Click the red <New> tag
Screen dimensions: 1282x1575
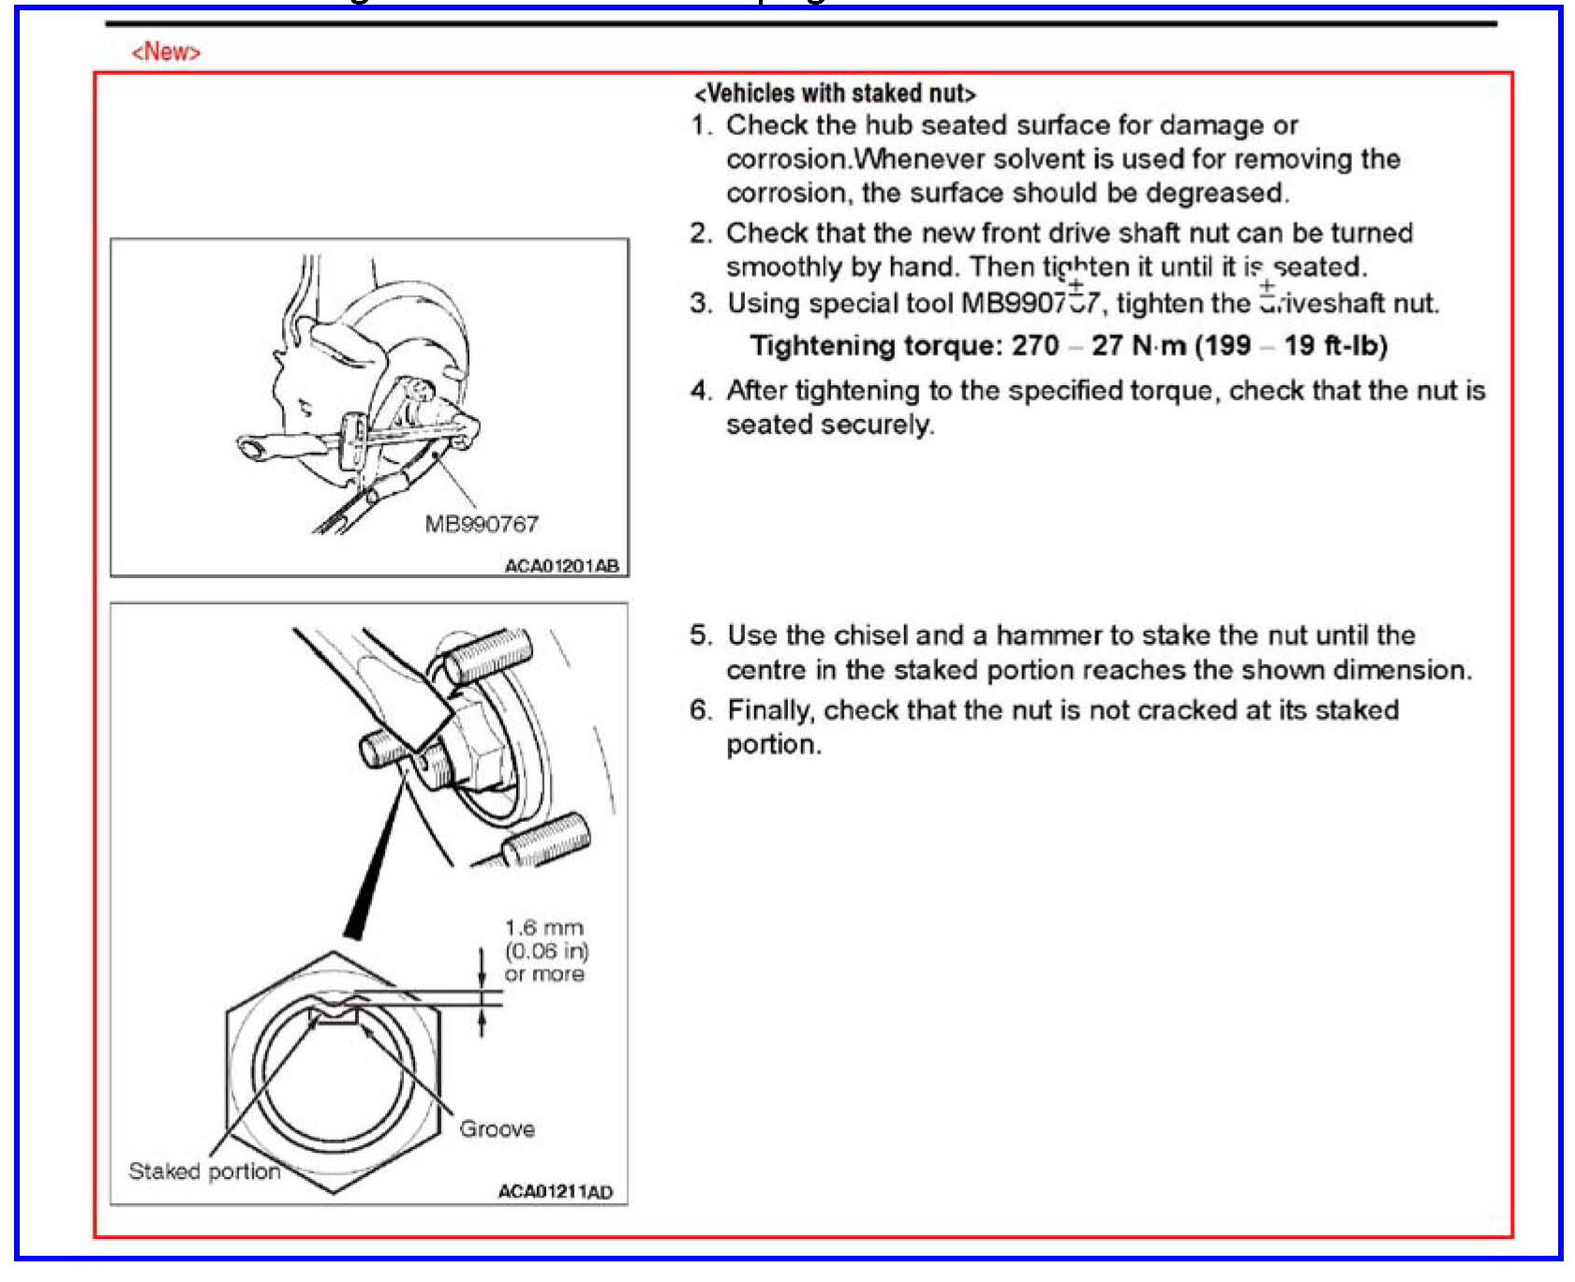[166, 52]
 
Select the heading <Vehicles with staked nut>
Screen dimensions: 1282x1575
[834, 94]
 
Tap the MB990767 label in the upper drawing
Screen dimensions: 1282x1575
[482, 524]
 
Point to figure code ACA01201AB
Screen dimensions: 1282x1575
[561, 566]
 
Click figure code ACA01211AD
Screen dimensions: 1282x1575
[556, 1192]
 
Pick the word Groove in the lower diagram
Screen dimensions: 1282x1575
[497, 1128]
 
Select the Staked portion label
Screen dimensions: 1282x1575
[204, 1171]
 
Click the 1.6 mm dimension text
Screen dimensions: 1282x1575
[543, 928]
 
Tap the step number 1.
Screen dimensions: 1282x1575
[701, 126]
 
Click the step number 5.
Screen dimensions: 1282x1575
[701, 635]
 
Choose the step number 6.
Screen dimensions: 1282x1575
[701, 710]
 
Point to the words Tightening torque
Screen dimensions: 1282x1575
[875, 346]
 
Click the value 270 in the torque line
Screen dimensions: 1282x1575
[1034, 346]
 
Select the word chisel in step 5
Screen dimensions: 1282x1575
[870, 635]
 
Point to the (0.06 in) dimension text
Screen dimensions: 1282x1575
[546, 951]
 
